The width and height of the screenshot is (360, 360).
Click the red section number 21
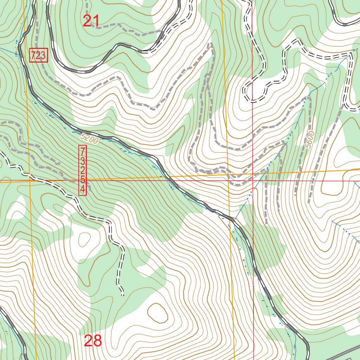(x=91, y=21)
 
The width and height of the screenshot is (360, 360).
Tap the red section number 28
(x=93, y=341)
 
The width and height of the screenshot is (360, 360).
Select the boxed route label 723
(x=38, y=56)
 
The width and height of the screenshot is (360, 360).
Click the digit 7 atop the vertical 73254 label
(x=83, y=152)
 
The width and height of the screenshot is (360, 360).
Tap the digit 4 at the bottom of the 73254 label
(x=83, y=190)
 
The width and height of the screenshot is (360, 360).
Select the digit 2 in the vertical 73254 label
(x=83, y=171)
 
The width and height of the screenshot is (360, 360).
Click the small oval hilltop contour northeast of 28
(x=157, y=313)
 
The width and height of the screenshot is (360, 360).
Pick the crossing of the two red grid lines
(x=253, y=181)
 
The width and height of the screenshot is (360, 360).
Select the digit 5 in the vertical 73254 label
(x=83, y=180)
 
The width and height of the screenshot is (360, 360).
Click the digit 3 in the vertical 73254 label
(x=83, y=161)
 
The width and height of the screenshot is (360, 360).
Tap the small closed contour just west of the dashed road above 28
(x=84, y=240)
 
